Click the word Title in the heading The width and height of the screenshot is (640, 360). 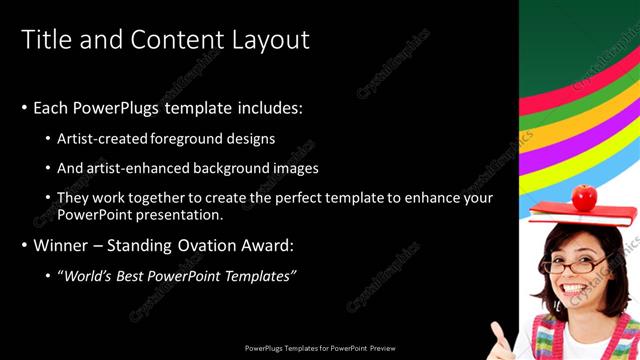click(45, 39)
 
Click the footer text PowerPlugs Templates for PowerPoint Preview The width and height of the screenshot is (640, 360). click(320, 350)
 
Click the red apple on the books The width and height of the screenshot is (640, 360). click(585, 196)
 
